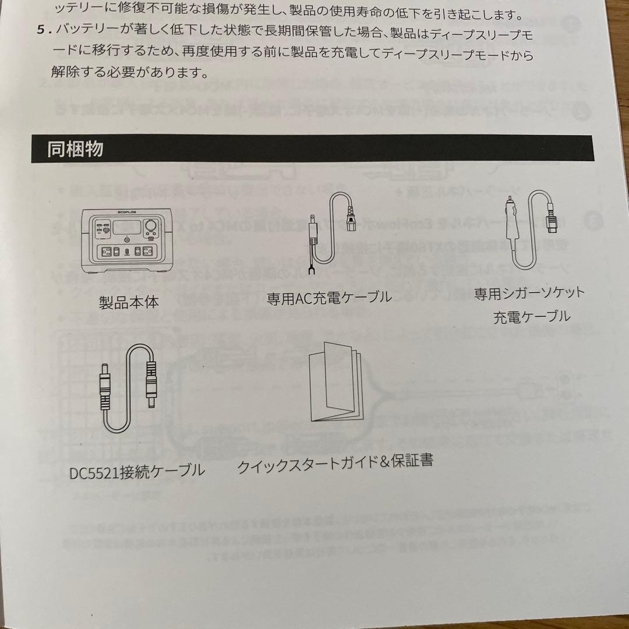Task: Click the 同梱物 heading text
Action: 75,149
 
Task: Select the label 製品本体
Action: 129,302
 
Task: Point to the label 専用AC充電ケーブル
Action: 328,298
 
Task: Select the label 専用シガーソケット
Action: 528,293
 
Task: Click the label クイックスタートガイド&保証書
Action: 335,464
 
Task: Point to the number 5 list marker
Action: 40,30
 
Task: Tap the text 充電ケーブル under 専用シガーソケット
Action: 531,317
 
